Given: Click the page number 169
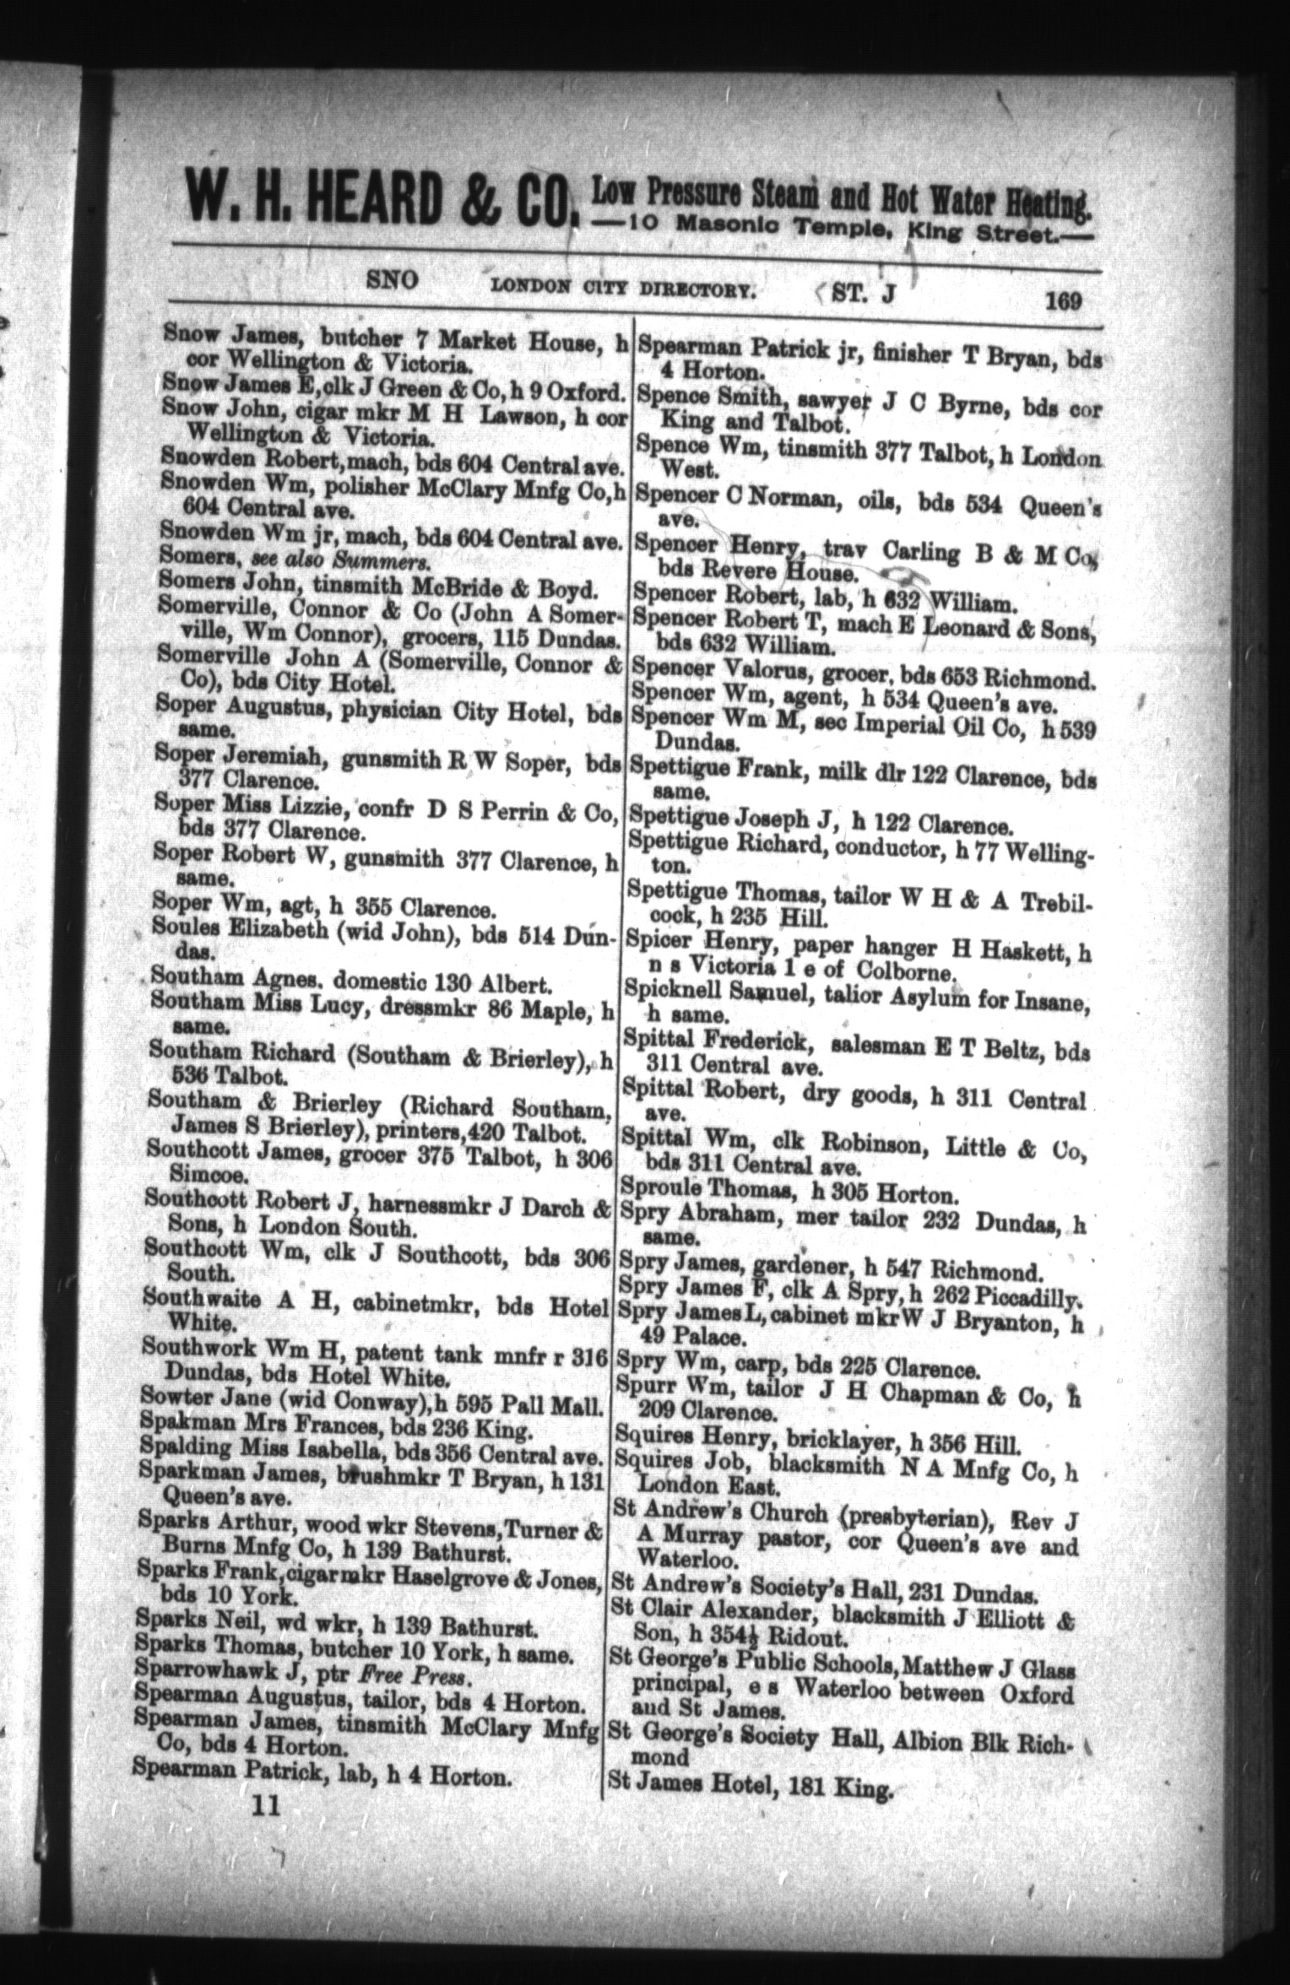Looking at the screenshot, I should point(1062,300).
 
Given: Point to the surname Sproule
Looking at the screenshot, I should point(658,1194).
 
